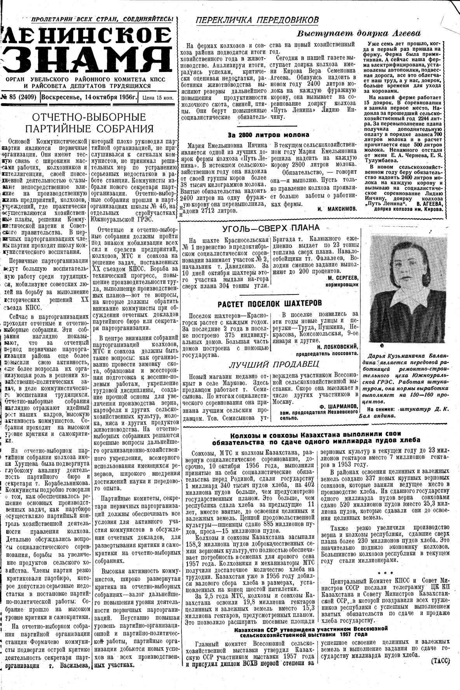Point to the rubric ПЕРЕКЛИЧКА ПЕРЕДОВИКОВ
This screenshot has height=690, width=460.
[257, 20]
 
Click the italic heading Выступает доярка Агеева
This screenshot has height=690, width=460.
[359, 33]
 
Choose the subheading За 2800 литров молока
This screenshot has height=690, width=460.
[268, 135]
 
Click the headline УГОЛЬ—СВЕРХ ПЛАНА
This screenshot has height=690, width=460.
[270, 228]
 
